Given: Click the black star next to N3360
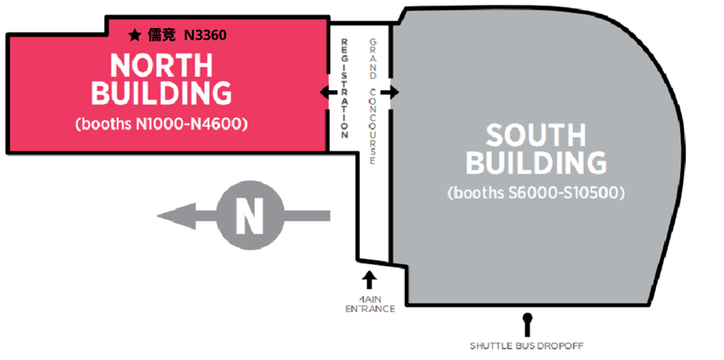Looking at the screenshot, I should (x=135, y=35).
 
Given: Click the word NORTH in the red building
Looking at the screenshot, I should (x=161, y=65).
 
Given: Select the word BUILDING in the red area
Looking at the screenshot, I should (x=161, y=93).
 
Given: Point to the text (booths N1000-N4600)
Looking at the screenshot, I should (x=161, y=124).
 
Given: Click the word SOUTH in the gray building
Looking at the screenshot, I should (x=536, y=135).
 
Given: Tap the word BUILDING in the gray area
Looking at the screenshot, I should (x=536, y=163).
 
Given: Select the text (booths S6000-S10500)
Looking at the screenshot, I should (x=536, y=194).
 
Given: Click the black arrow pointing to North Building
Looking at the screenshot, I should (x=324, y=93).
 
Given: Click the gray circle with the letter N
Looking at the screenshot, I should (x=249, y=215).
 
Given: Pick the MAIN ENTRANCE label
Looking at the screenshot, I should (x=370, y=304).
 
